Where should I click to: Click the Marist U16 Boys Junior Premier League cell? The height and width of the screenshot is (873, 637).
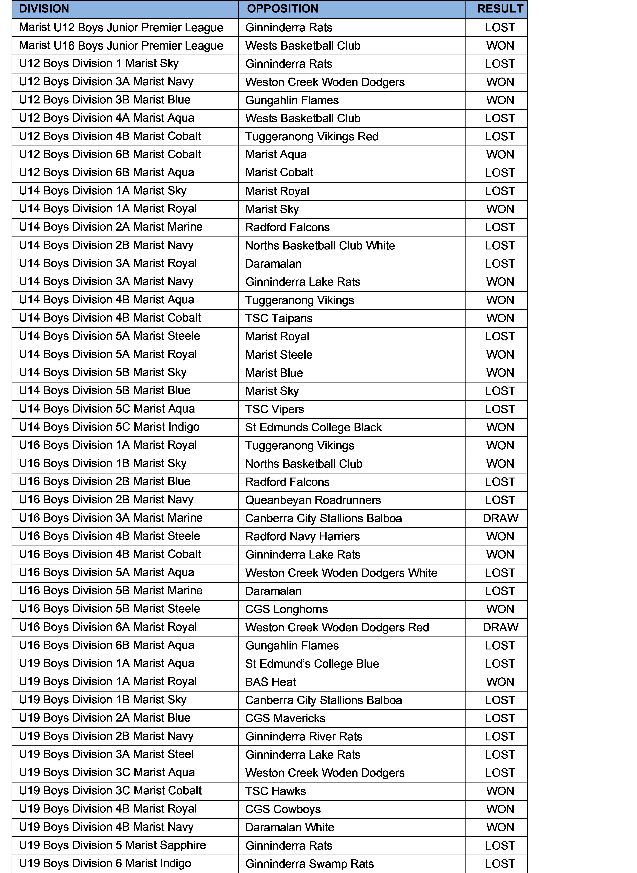click(x=121, y=45)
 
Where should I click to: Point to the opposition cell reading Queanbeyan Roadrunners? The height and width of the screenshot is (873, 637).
click(x=313, y=500)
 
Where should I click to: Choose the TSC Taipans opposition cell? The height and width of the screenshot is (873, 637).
click(x=279, y=318)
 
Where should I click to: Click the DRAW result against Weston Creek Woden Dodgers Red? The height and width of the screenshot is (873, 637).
click(x=500, y=627)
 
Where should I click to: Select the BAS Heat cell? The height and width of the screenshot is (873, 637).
click(x=271, y=682)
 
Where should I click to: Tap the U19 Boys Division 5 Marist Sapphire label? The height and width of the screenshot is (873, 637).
click(x=112, y=845)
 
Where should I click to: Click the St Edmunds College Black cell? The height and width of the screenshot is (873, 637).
click(x=313, y=427)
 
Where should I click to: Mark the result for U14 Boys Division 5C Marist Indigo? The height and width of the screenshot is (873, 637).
click(x=500, y=427)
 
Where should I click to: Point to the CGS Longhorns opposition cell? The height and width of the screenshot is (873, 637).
click(x=287, y=609)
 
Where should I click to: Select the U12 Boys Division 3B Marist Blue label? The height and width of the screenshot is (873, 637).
click(x=104, y=100)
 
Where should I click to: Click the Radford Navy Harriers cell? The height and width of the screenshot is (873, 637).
click(x=302, y=536)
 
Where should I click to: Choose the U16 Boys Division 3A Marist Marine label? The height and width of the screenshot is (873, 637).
click(x=111, y=518)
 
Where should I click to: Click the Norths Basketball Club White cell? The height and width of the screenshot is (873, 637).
click(x=320, y=246)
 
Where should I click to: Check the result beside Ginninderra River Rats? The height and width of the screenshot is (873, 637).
click(x=500, y=737)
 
